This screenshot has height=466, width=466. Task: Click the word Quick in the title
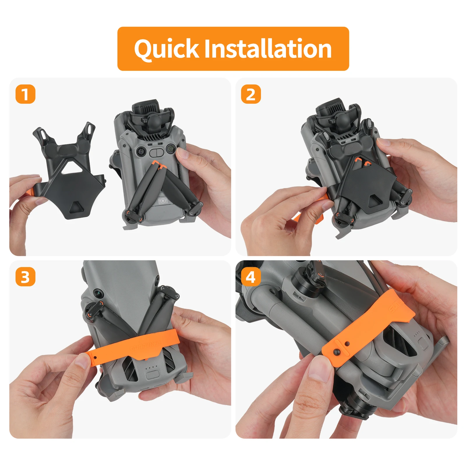click(x=167, y=49)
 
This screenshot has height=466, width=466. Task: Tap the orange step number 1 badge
click(x=25, y=94)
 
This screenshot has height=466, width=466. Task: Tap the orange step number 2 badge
click(x=251, y=94)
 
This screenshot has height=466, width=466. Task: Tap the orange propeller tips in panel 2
click(x=362, y=162)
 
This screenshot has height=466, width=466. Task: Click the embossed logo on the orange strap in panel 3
click(x=146, y=346)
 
